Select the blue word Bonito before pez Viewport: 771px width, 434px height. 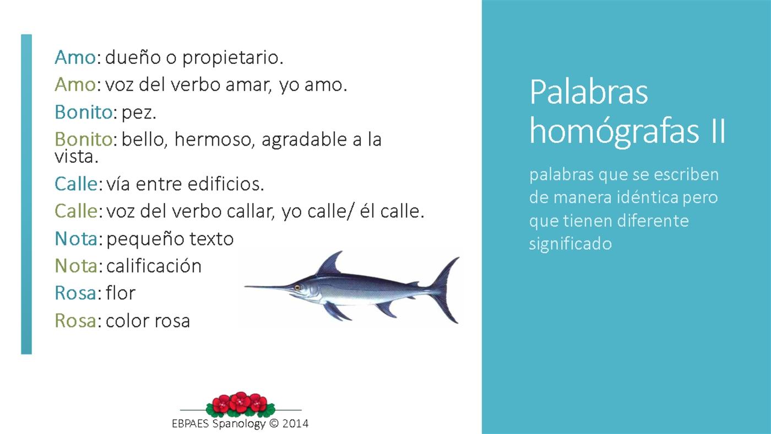point(83,112)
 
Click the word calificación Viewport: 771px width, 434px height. point(154,266)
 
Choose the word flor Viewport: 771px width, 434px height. point(120,293)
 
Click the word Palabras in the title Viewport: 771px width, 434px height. point(588,92)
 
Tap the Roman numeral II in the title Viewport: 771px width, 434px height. point(714,132)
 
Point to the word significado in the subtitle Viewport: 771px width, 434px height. point(570,244)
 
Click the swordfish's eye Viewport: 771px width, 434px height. point(297,287)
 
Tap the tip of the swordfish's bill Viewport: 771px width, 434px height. point(247,286)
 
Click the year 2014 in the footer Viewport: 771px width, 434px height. point(295,424)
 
